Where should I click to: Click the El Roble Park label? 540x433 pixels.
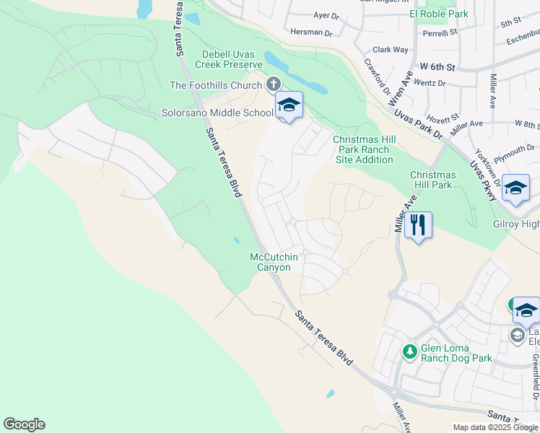coord(438,14)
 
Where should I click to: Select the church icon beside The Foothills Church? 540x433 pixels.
coord(274,85)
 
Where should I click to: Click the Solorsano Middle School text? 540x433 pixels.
coord(217,113)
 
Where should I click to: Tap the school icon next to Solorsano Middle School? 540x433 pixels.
coord(289,105)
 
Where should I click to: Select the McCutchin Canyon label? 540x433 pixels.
coord(270,262)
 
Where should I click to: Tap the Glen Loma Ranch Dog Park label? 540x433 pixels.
coord(456,353)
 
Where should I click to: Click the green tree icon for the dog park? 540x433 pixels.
coord(409,352)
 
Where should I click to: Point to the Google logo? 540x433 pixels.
coord(24,424)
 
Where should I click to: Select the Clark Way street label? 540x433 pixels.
coord(391,50)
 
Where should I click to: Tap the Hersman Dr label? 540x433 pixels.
coord(310,32)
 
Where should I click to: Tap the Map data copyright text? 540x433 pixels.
coord(495,427)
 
